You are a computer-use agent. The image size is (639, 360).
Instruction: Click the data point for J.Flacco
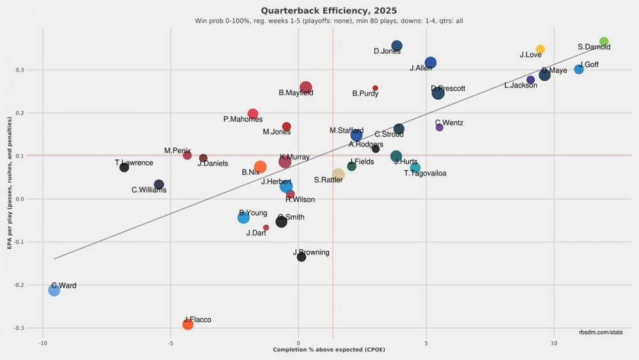click(188, 324)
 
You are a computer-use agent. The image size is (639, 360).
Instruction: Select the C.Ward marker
click(54, 290)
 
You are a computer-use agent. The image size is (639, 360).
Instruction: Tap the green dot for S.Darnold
click(604, 42)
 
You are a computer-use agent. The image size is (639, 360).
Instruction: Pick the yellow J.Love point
click(540, 49)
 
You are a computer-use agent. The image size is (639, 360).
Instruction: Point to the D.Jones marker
click(396, 46)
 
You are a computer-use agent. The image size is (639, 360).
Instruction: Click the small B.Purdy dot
click(375, 88)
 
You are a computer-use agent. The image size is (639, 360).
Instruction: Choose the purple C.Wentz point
click(439, 127)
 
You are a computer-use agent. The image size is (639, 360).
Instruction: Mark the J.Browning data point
click(302, 257)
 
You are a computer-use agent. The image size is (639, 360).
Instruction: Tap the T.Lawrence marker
click(124, 168)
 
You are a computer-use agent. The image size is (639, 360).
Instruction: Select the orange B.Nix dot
click(260, 168)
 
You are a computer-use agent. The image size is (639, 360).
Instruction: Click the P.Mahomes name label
click(243, 120)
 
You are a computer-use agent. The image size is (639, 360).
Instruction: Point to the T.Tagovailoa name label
click(425, 173)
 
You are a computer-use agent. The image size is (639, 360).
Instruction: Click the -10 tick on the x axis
click(43, 343)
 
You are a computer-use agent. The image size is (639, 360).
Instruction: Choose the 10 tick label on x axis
click(554, 343)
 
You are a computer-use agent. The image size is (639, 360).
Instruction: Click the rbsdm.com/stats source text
click(601, 332)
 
